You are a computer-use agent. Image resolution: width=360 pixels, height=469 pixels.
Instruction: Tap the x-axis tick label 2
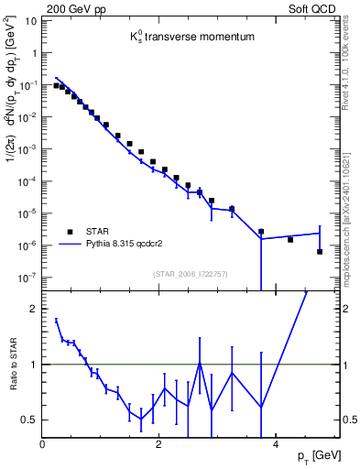[x=159, y=444]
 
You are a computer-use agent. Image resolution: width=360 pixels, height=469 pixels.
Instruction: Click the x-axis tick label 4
[x=277, y=444]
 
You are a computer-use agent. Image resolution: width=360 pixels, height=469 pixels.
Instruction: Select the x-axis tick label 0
[x=42, y=444]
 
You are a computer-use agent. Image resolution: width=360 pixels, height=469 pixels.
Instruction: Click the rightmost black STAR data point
[x=319, y=251]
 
